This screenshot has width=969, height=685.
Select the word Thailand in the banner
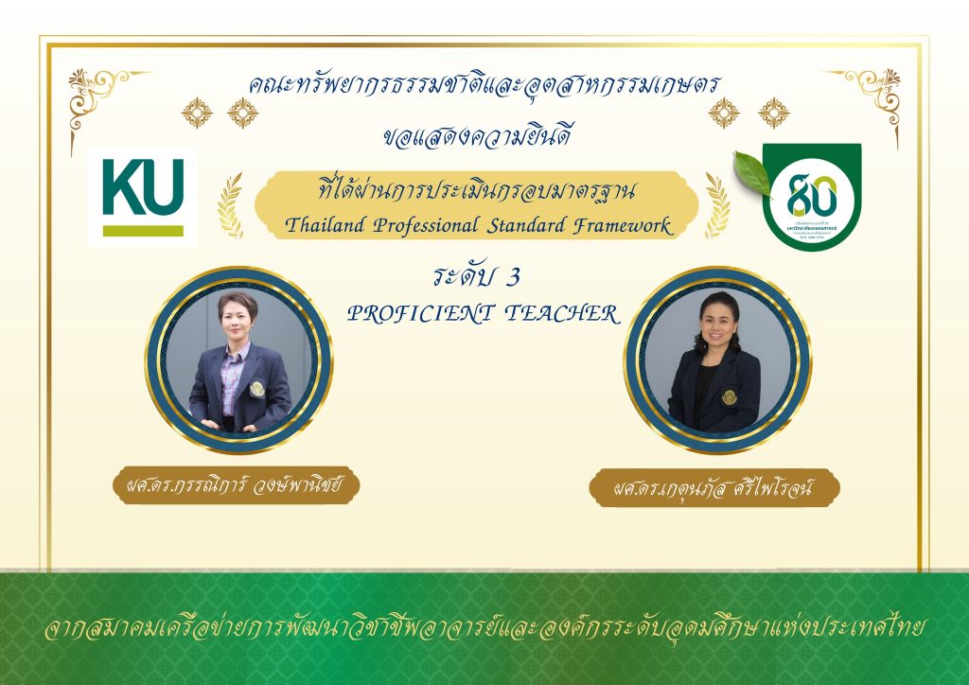point(324,226)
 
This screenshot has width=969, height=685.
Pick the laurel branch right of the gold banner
point(716,203)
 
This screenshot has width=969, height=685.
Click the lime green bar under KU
point(143,230)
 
